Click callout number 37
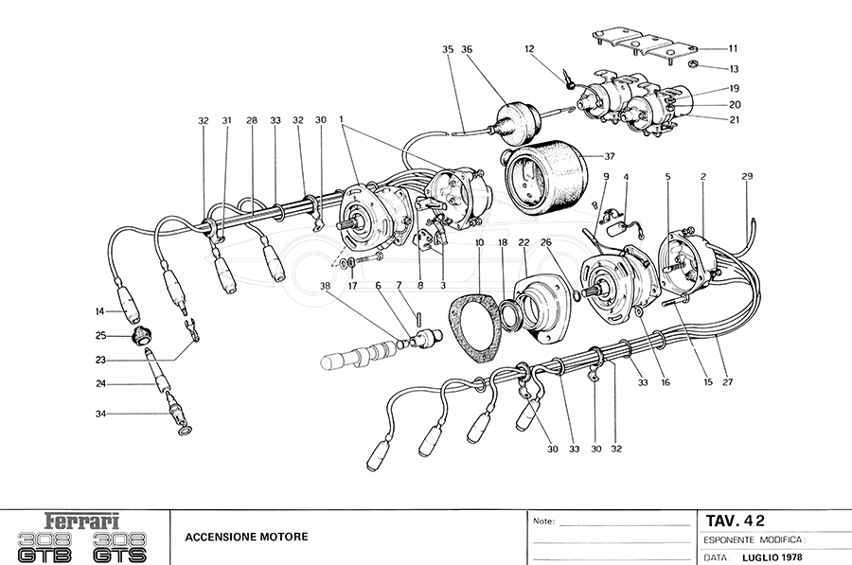[x=609, y=155]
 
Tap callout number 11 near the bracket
[x=733, y=48]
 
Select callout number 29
[x=747, y=177]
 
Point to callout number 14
[x=98, y=311]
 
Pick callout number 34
[x=100, y=414]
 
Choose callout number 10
[x=480, y=243]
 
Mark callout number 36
[x=467, y=49]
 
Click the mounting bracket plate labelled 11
[x=644, y=45]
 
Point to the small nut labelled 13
[x=692, y=65]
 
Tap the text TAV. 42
[x=736, y=520]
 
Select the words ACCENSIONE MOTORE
[x=246, y=537]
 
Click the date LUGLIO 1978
[x=772, y=556]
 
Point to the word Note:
[x=543, y=521]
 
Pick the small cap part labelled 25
[x=140, y=334]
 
